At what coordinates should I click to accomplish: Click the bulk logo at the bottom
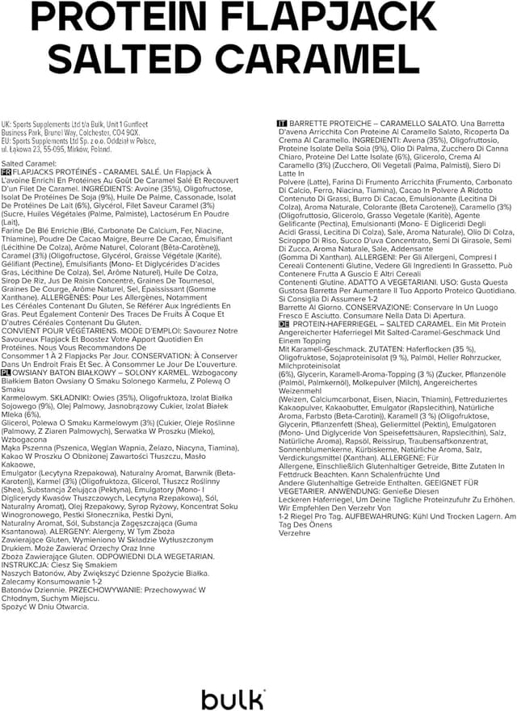point(233,696)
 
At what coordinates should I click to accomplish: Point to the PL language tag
point(6,372)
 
